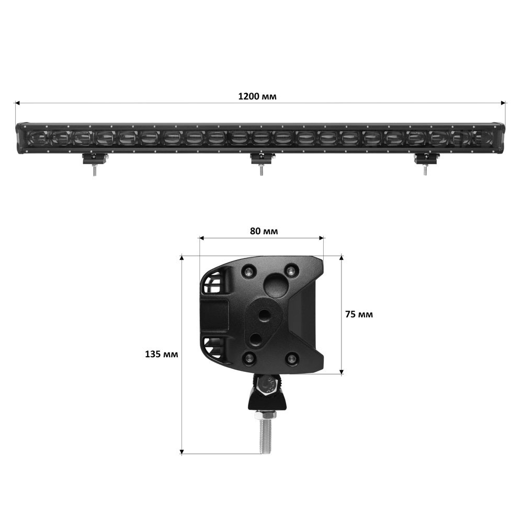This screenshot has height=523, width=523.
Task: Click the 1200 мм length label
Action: (x=257, y=96)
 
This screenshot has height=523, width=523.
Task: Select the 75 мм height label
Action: (x=359, y=314)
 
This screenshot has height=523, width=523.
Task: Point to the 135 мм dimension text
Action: (x=162, y=354)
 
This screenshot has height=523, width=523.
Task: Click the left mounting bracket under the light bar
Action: (x=95, y=159)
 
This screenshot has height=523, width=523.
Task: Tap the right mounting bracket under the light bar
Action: (x=426, y=159)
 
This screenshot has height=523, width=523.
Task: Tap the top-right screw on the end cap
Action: (x=291, y=270)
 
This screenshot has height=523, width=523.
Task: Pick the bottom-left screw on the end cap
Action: (x=249, y=358)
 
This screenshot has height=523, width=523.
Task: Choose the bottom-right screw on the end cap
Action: (x=292, y=358)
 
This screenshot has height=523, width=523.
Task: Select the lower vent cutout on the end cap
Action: (x=214, y=347)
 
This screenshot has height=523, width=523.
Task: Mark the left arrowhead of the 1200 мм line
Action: (x=17, y=103)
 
